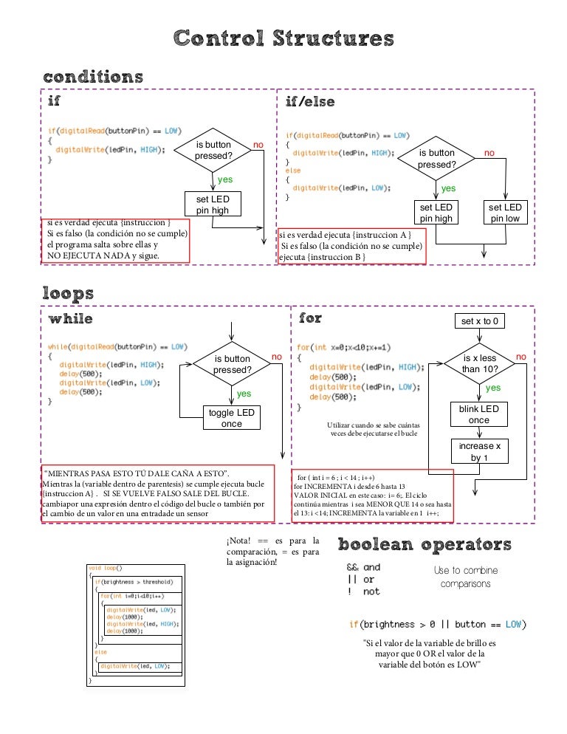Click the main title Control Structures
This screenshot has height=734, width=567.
(283, 38)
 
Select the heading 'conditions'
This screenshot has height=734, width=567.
(93, 77)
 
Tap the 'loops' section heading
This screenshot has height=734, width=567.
(68, 293)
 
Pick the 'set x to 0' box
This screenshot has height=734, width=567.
(478, 321)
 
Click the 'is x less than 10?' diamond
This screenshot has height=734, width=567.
(479, 363)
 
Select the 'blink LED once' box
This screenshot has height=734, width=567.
(478, 414)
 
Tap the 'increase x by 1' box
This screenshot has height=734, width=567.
(479, 451)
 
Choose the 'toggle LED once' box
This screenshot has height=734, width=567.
(232, 418)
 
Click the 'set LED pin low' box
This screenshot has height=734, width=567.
(505, 213)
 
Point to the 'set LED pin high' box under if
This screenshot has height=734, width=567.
(213, 205)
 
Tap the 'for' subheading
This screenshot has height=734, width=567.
(310, 318)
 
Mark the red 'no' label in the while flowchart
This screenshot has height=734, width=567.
(277, 357)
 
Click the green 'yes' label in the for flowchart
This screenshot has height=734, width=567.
(493, 388)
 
